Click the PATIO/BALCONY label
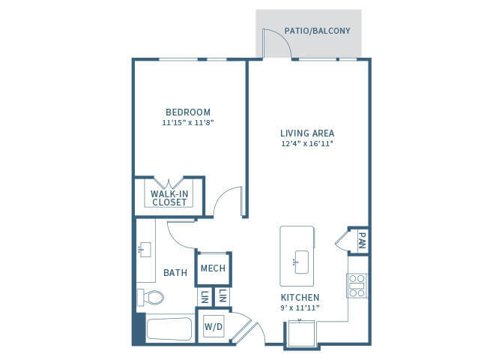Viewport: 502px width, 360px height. [317, 31]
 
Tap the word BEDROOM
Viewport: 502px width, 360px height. [188, 112]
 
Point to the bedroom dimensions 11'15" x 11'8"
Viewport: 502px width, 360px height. [188, 122]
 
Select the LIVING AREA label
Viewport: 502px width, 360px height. [307, 133]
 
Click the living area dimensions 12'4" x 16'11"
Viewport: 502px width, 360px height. [307, 143]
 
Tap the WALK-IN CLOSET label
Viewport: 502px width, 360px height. [169, 198]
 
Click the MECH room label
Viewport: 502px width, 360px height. [213, 268]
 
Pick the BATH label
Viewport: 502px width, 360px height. [175, 273]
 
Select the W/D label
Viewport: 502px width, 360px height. [214, 327]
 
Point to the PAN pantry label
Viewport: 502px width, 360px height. [362, 241]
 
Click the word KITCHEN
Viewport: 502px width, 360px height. [300, 298]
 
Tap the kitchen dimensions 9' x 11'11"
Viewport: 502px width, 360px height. [300, 307]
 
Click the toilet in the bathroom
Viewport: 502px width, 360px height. [151, 298]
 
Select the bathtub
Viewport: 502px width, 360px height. [169, 329]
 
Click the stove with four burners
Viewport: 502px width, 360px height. [357, 286]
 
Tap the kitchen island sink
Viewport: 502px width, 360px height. [302, 262]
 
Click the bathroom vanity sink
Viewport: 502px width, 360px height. [145, 250]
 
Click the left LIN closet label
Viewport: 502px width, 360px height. [204, 297]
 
